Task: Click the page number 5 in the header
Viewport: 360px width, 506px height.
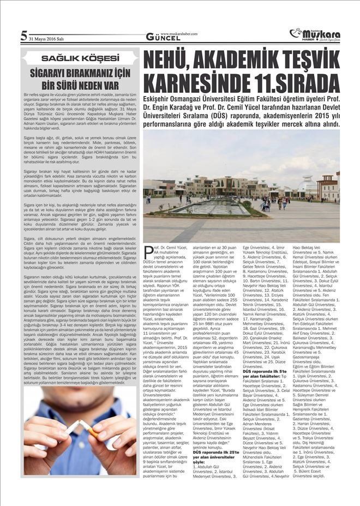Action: (x=23, y=36)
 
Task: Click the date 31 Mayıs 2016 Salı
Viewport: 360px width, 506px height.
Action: (x=47, y=37)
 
